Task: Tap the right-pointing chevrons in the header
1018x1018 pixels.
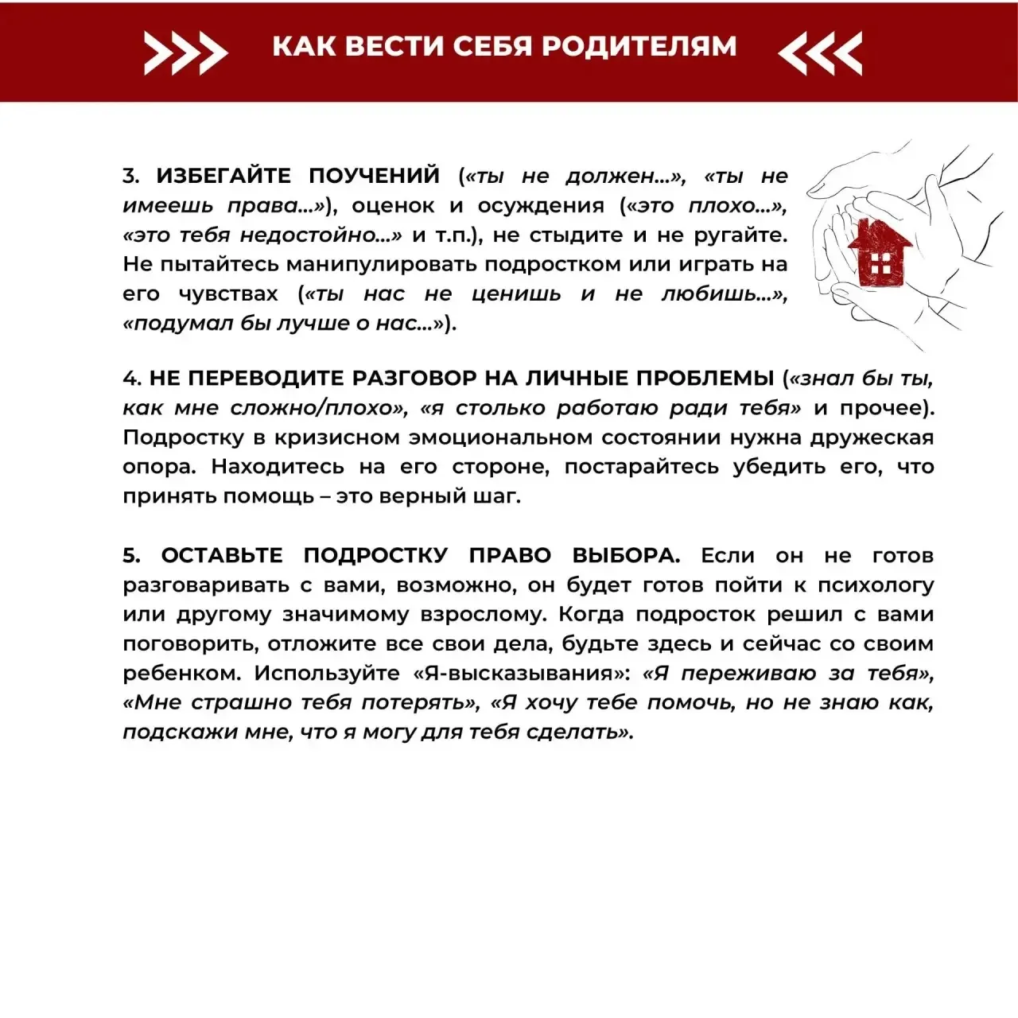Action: click(185, 52)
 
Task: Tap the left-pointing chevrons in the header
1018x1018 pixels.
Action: click(820, 52)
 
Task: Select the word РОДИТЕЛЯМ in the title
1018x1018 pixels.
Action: click(639, 46)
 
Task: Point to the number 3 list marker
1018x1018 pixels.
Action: click(131, 176)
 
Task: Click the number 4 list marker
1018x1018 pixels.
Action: click(131, 379)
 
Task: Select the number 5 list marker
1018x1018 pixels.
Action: click(131, 555)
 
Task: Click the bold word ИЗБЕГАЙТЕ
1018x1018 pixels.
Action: click(223, 176)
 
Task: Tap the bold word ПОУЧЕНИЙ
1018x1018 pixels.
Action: click(374, 176)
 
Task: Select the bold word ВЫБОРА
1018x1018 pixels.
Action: click(625, 555)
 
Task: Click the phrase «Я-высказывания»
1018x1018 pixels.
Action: click(521, 674)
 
